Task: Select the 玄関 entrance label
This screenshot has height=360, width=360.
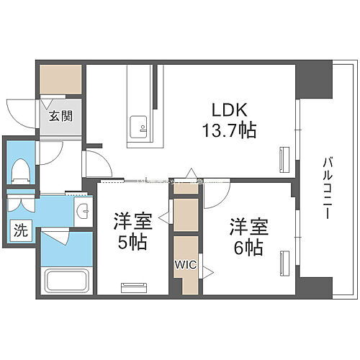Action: click(59, 116)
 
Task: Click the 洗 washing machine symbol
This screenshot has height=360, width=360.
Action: click(20, 232)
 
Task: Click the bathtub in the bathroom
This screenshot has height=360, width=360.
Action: click(66, 280)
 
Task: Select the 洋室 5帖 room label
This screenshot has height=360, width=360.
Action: click(131, 233)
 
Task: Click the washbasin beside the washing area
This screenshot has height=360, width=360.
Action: click(83, 212)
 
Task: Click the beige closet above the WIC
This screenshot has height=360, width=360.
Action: click(185, 214)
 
